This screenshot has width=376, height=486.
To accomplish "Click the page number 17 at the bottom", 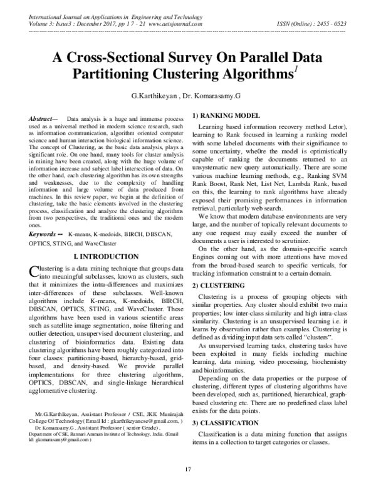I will (187, 470).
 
